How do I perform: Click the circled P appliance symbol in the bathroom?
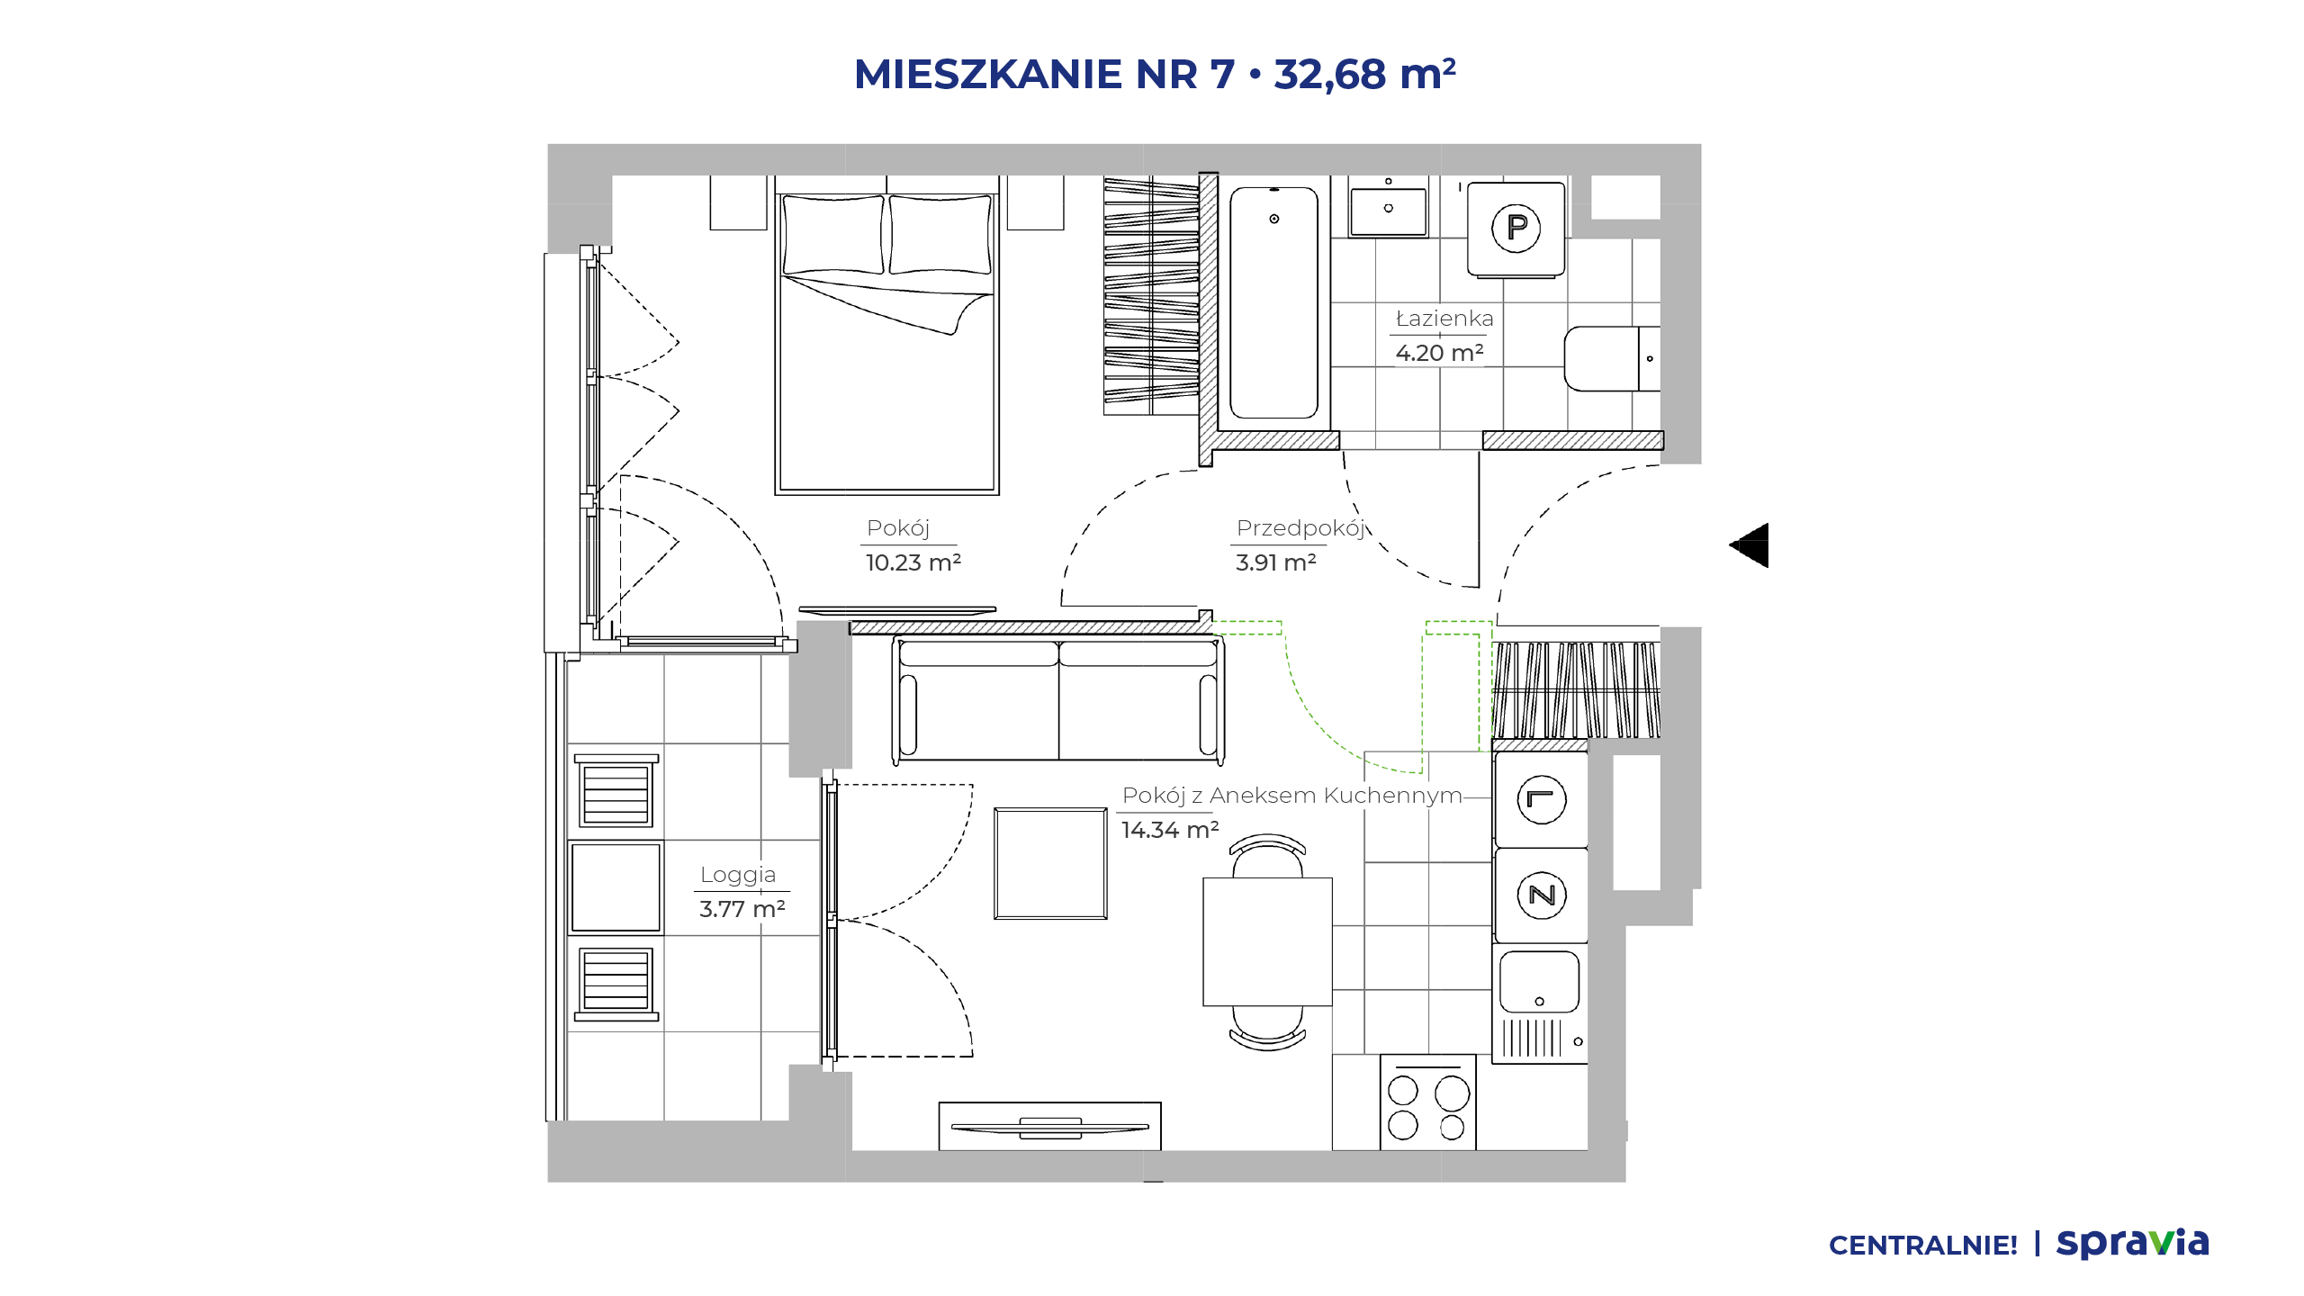[1516, 228]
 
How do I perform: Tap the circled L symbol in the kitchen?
[1542, 799]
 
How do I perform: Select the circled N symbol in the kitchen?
[1542, 895]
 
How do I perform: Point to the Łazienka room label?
[1444, 319]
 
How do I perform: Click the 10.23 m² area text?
[913, 562]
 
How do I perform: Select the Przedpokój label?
[1301, 528]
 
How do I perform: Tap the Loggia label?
[738, 875]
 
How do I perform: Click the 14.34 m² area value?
[1170, 830]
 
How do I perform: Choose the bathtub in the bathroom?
[1273, 302]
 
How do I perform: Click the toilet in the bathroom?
[1613, 358]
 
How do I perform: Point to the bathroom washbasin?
[1388, 211]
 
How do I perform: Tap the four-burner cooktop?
[1428, 1102]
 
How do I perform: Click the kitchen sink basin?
[1539, 982]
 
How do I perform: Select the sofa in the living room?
[1058, 698]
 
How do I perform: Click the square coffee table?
[1050, 863]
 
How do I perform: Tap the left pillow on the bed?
[833, 234]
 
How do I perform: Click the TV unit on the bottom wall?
[1049, 1126]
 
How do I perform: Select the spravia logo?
[2133, 1243]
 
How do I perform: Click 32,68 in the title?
[1330, 74]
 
